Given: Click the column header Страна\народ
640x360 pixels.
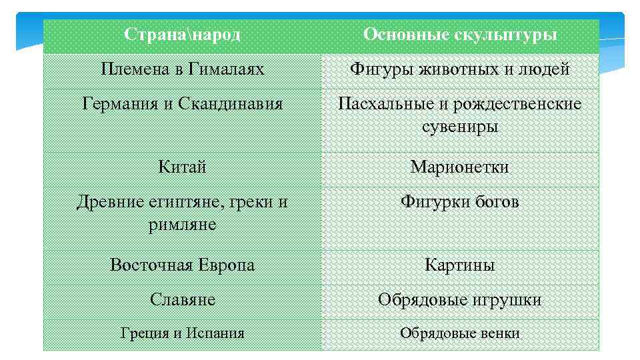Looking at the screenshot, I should pyautogui.click(x=182, y=35).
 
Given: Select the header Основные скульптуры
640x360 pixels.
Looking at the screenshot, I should pyautogui.click(x=460, y=35).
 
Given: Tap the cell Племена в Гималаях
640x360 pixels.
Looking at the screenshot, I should pyautogui.click(x=182, y=69).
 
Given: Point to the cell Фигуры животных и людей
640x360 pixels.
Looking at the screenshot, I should pyautogui.click(x=460, y=69).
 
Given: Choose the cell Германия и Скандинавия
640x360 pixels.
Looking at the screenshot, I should pyautogui.click(x=182, y=104).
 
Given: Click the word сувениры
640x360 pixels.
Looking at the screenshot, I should pyautogui.click(x=460, y=127).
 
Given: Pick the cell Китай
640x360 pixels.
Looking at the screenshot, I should pyautogui.click(x=182, y=167).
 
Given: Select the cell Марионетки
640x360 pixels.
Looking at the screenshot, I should pyautogui.click(x=460, y=167).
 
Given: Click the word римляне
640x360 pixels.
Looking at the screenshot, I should pyautogui.click(x=182, y=225).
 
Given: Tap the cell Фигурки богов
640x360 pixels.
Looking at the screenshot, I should pyautogui.click(x=460, y=202).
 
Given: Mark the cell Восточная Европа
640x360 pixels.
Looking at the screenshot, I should pyautogui.click(x=182, y=265).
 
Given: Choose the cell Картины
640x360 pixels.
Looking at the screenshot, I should pyautogui.click(x=460, y=265).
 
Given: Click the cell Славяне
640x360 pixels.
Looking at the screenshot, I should pyautogui.click(x=182, y=300).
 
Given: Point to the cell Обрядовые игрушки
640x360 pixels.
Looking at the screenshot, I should pyautogui.click(x=460, y=300).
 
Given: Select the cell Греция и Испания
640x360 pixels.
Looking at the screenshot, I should pyautogui.click(x=182, y=333).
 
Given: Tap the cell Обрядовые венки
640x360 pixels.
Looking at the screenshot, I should pyautogui.click(x=460, y=333).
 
